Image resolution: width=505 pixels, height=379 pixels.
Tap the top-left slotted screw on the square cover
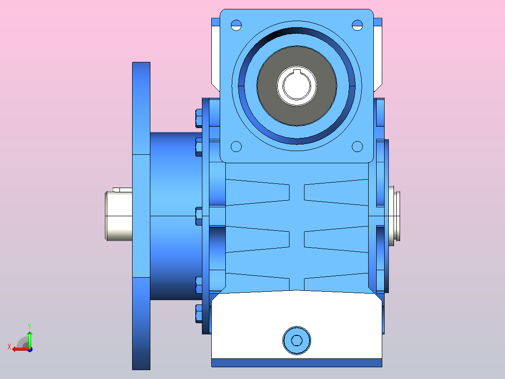(x=236, y=25)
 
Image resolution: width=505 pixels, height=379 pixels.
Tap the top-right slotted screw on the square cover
(x=357, y=24)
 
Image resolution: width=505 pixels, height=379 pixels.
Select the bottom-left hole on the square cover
(x=236, y=146)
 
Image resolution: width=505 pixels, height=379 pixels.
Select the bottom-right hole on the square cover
(x=357, y=146)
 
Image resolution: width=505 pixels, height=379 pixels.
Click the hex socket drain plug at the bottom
(x=297, y=340)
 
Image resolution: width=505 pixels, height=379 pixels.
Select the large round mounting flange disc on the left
(x=141, y=216)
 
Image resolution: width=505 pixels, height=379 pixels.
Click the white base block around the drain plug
(x=253, y=328)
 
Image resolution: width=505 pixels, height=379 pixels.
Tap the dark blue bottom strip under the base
(x=297, y=363)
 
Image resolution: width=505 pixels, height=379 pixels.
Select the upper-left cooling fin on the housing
(x=258, y=192)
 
